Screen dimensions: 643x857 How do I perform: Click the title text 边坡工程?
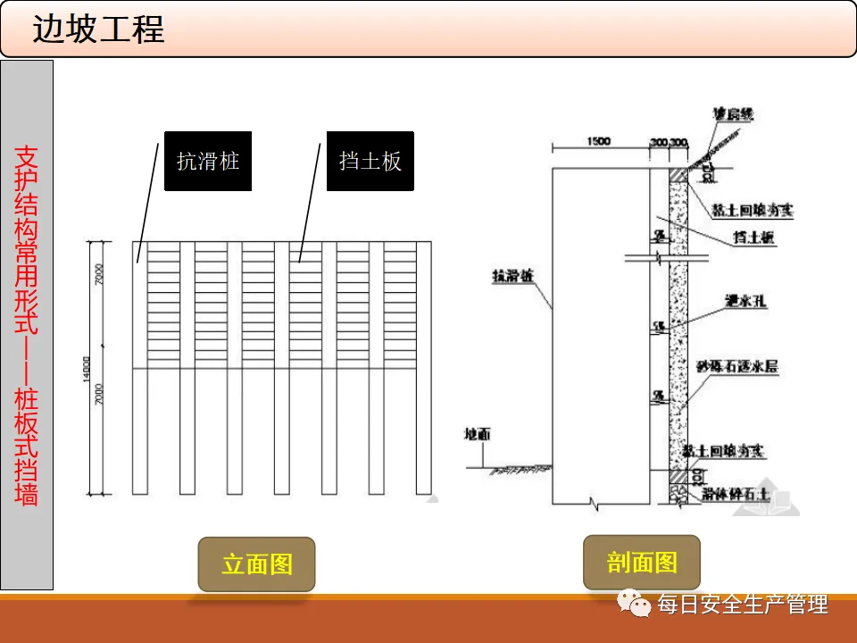(x=99, y=29)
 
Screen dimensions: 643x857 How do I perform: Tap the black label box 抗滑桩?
(x=208, y=162)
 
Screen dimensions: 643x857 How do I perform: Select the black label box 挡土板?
(x=370, y=162)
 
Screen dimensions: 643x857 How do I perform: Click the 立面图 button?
(x=257, y=564)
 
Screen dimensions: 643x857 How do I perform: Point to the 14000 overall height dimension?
(x=87, y=367)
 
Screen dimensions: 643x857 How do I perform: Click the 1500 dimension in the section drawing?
(x=599, y=142)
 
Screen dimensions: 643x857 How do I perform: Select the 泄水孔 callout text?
(x=740, y=301)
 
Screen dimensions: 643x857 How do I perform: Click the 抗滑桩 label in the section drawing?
(x=512, y=277)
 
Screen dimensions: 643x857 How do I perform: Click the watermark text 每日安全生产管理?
(x=743, y=605)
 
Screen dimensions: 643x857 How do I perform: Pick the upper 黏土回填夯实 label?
(x=753, y=211)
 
